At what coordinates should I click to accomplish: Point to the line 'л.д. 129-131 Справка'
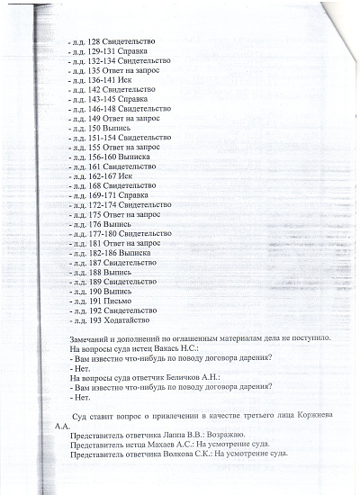117,54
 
